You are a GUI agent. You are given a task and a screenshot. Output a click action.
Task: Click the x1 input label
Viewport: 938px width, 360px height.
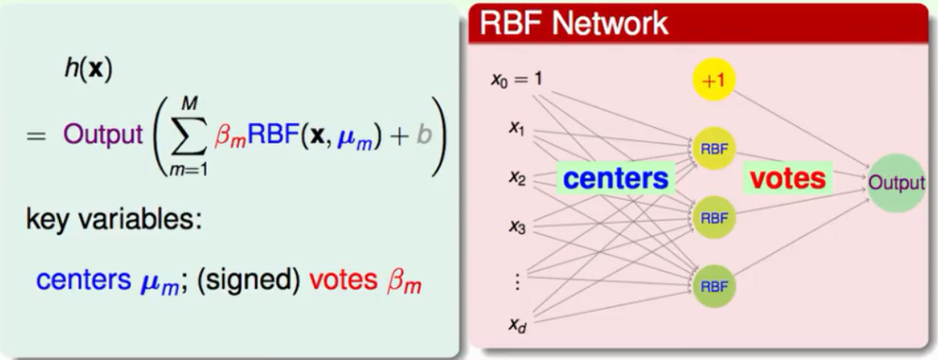516,130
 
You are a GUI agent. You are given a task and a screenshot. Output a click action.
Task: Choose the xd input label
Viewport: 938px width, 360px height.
516,326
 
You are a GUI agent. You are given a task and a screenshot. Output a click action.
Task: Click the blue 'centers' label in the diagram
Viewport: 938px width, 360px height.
616,179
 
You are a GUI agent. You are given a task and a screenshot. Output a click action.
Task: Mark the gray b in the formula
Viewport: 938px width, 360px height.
423,135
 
